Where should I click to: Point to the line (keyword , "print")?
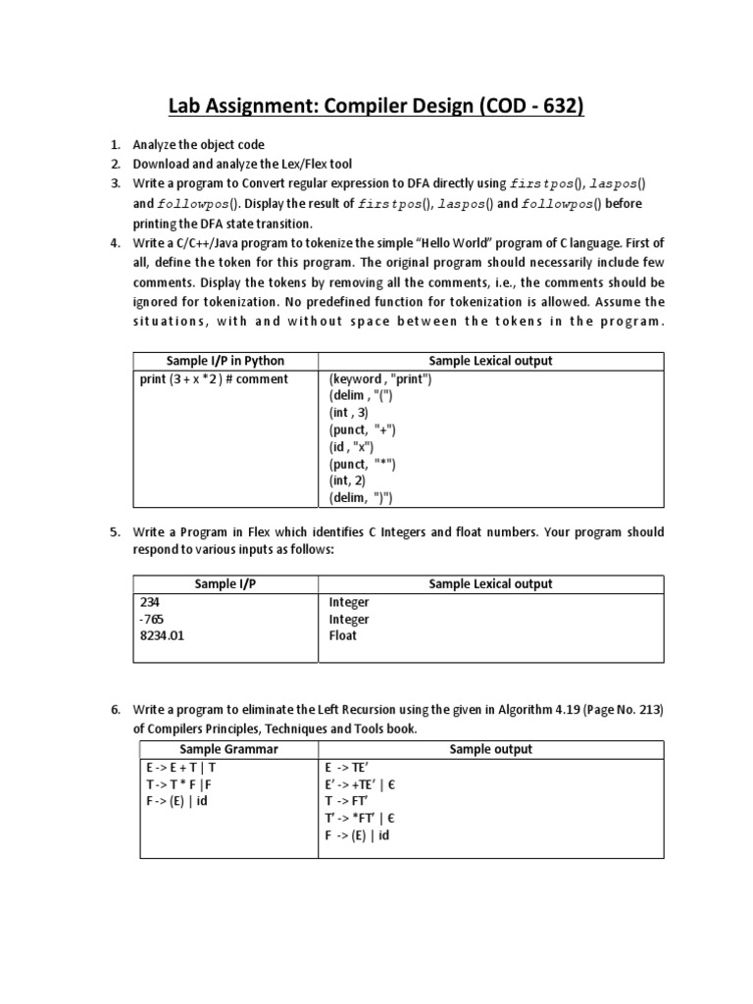click(380, 378)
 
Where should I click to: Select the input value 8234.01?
click(163, 635)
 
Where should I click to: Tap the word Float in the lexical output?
click(342, 635)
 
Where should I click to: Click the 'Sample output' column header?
click(490, 749)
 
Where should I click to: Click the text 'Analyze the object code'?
click(199, 145)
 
